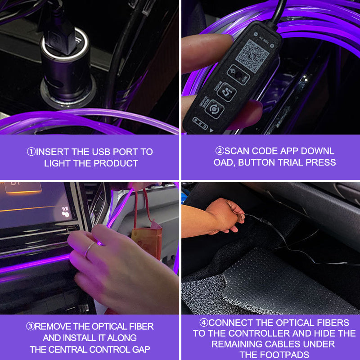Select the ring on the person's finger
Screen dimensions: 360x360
coord(90,249)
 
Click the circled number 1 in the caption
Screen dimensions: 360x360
coord(31,152)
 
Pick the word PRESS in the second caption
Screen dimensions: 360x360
coord(320,162)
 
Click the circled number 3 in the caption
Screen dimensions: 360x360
coord(30,327)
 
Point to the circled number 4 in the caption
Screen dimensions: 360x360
coord(203,323)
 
